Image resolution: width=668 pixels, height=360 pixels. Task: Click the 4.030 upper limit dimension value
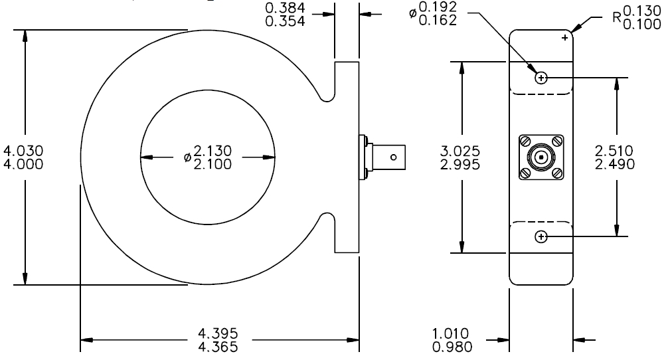click(23, 151)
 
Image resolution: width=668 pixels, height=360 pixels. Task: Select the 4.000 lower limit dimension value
click(23, 164)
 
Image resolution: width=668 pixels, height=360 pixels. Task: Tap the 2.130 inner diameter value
click(212, 151)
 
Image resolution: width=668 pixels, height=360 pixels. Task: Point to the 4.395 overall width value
click(218, 333)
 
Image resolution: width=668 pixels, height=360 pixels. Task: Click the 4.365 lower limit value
click(218, 347)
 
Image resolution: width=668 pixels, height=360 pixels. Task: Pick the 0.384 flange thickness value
click(285, 8)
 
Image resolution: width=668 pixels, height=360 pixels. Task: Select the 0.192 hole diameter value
click(438, 7)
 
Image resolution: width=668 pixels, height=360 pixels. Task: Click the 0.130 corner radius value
click(642, 11)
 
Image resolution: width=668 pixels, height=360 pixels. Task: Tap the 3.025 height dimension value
click(460, 151)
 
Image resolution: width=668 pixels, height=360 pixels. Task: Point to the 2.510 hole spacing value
click(615, 151)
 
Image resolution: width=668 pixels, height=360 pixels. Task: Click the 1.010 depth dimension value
click(450, 333)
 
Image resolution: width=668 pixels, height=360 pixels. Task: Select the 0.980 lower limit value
click(452, 347)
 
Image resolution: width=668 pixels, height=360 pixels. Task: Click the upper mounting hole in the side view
click(541, 78)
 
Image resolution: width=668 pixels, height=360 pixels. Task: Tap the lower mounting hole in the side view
click(541, 236)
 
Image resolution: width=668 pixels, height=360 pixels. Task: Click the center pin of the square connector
click(541, 157)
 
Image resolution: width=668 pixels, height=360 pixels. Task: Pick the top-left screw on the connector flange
click(525, 141)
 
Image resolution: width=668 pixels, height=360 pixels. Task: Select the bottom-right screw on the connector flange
click(557, 173)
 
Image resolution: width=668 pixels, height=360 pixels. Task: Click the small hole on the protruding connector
click(394, 157)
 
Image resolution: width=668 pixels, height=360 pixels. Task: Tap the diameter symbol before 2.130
click(187, 157)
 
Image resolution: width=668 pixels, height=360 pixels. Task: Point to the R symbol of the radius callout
click(618, 17)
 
